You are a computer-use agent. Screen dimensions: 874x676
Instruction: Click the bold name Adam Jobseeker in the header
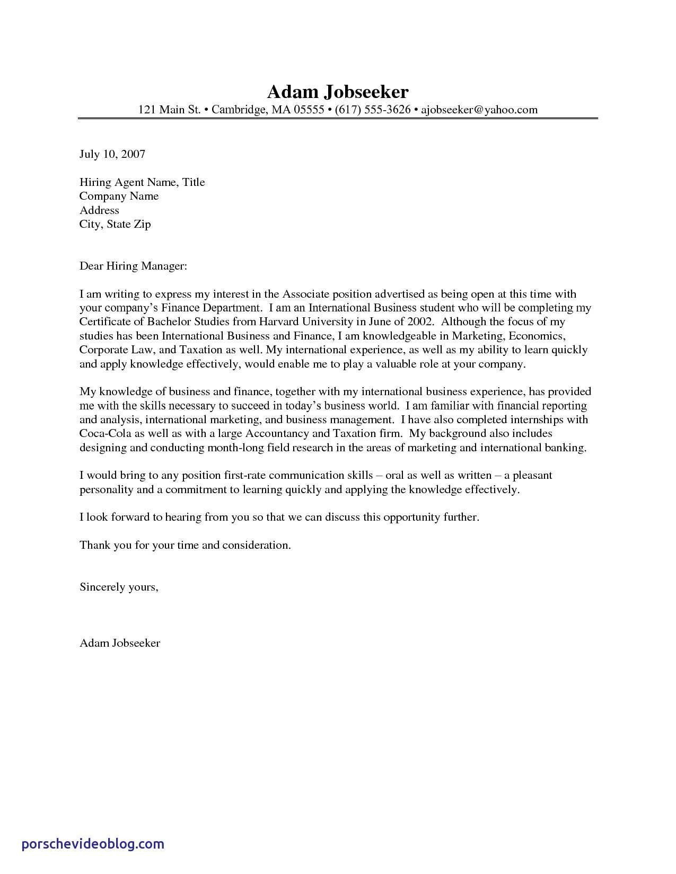(338, 92)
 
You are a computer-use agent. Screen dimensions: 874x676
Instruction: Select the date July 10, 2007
(112, 154)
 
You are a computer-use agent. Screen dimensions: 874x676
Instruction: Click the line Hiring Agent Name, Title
(142, 182)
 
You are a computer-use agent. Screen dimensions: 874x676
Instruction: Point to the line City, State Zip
(115, 224)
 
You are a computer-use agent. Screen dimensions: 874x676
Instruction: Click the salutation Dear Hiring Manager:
(133, 266)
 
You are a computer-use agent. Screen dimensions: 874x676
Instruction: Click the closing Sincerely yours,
(119, 587)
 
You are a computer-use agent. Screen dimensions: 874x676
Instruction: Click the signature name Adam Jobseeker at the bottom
(120, 643)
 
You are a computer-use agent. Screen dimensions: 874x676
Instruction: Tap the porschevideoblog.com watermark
(93, 844)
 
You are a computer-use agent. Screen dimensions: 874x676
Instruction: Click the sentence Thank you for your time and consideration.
(185, 545)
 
